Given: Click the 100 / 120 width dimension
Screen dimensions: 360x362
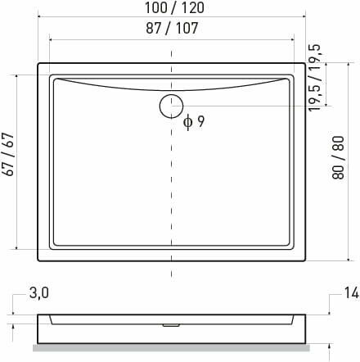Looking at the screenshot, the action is (x=174, y=7).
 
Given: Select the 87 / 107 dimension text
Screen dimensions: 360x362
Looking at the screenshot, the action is (x=172, y=28).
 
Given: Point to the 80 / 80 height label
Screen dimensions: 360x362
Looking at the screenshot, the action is (x=338, y=157).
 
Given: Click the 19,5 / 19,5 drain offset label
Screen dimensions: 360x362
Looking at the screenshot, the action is (x=315, y=78).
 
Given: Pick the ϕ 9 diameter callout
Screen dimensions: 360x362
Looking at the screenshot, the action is (x=194, y=121).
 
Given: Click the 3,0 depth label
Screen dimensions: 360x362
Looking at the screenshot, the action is (x=39, y=293).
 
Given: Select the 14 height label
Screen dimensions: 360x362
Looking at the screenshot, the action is (x=351, y=293).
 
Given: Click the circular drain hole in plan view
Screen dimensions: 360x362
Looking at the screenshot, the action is (x=171, y=106).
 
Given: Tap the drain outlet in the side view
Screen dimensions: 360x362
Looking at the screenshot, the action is (x=171, y=325).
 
